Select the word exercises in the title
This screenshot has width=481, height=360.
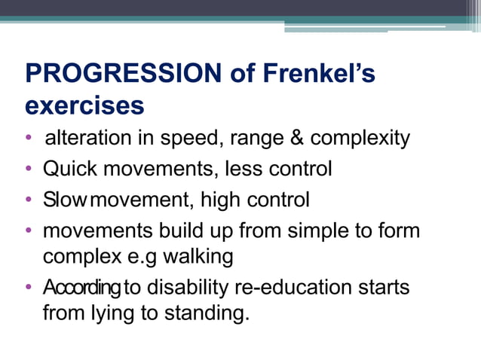pyautogui.click(x=84, y=105)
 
